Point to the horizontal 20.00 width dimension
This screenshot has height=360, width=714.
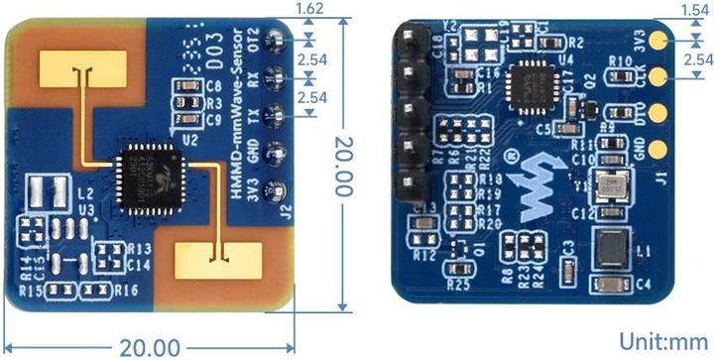pyautogui.click(x=150, y=348)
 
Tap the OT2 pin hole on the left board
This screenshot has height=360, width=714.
pyautogui.click(x=277, y=41)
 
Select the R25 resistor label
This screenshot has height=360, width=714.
pyautogui.click(x=458, y=283)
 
